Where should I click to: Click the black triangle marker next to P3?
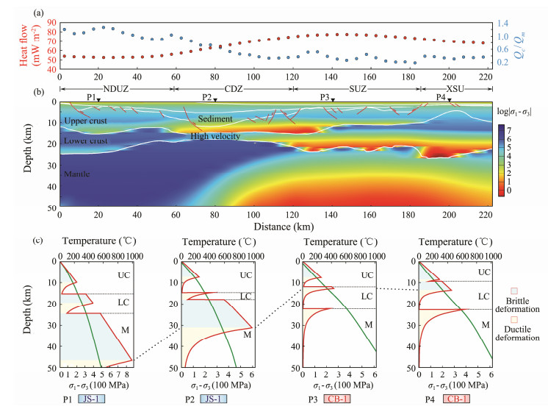tap(333, 99)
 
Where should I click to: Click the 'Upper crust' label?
tap(85, 121)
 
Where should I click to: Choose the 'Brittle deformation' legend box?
tap(514, 291)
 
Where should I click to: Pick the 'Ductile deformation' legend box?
tap(514, 320)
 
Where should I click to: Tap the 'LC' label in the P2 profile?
tap(247, 296)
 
